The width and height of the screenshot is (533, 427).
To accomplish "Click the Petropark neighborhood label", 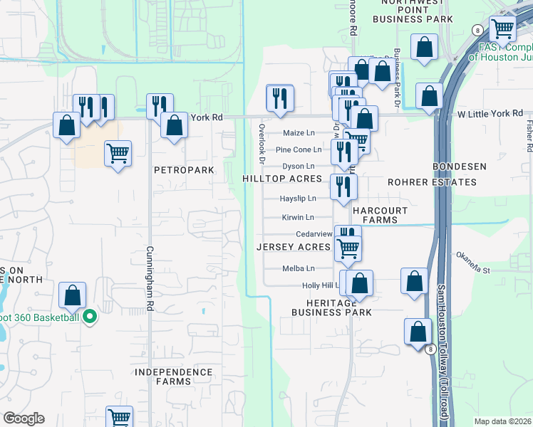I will [x=184, y=171].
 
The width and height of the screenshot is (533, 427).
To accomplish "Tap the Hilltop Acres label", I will [x=282, y=179].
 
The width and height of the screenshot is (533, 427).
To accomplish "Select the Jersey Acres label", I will [x=293, y=247].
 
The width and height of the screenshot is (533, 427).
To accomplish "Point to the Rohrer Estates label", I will [x=431, y=182].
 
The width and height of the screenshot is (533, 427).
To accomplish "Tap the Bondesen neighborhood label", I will [x=460, y=167].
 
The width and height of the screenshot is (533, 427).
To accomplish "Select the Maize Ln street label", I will [x=299, y=133].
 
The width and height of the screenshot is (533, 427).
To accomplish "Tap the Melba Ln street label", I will [x=299, y=268].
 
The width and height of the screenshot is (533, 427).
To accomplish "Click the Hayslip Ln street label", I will [x=298, y=199].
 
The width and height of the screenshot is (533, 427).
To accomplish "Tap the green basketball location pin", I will [x=90, y=317].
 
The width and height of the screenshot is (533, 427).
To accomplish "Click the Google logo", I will [x=24, y=418].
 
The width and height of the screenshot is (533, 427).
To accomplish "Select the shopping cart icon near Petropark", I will [x=118, y=152].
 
